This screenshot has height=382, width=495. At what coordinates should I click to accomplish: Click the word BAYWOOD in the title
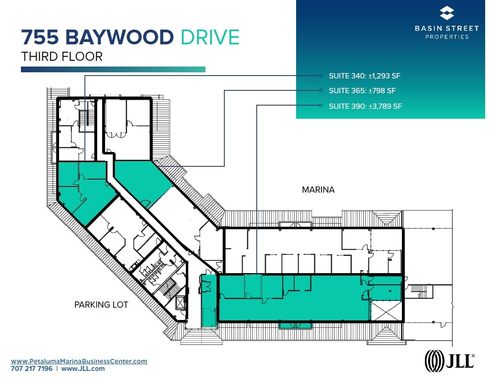pos(119,37)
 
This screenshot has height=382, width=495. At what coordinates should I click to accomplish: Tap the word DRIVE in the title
pos(210,37)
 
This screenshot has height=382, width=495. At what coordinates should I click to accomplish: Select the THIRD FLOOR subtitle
pos(62,56)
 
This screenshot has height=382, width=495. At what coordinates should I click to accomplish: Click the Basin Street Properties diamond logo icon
pos(447,13)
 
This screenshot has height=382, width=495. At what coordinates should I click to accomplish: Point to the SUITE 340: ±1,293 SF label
pos(364,76)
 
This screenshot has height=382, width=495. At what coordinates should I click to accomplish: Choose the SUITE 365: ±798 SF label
pos(362,91)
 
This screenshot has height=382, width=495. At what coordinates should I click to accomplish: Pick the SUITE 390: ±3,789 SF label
pos(365,106)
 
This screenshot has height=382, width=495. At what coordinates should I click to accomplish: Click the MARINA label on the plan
pos(318,190)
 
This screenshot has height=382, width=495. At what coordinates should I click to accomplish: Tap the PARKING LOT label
pos(101,305)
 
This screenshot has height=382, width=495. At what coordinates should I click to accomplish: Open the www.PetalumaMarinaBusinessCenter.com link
pos(79,361)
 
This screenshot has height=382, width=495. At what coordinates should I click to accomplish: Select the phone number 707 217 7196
pos(32,369)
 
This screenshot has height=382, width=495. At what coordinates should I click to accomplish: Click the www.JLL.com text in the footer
pos(83,369)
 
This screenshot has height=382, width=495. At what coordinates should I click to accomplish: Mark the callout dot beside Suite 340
pos(321,76)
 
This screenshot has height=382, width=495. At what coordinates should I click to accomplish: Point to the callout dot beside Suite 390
pos(321,106)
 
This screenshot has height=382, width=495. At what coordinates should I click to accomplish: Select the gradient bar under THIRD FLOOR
pos(113,70)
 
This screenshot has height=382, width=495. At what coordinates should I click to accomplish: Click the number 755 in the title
pos(40,37)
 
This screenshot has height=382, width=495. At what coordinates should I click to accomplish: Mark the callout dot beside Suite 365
pos(321,90)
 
